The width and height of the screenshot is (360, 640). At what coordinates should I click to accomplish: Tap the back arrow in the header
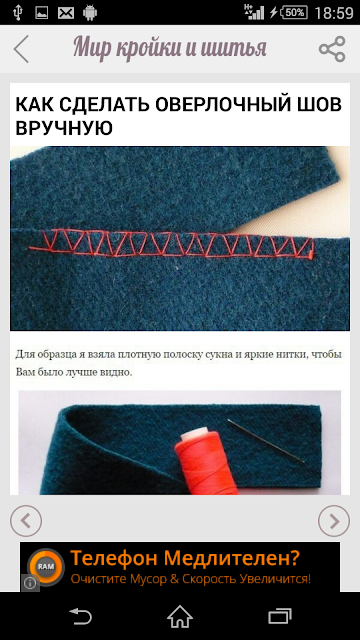21,49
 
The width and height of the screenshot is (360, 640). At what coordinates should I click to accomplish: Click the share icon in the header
332,49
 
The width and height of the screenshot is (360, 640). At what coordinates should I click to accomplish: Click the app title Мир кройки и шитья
170,49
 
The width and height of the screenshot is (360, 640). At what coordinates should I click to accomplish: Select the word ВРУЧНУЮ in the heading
64,128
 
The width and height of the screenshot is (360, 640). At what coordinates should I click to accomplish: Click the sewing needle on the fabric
266,441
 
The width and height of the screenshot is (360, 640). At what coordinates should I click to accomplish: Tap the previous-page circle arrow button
26,521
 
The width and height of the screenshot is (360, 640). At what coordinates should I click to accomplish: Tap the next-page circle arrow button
334,521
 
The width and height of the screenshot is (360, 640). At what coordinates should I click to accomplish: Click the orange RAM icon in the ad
46,567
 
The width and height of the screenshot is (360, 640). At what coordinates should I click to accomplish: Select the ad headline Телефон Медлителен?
185,558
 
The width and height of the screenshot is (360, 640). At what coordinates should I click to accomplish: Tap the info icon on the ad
30,583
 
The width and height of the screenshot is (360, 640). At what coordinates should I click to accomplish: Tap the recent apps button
280,616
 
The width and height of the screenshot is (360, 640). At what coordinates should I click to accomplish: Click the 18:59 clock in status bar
333,13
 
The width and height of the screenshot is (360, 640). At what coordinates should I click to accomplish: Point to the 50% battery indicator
294,12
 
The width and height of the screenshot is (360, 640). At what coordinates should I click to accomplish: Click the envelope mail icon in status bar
66,13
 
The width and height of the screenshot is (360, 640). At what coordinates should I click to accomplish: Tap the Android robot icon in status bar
90,13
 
